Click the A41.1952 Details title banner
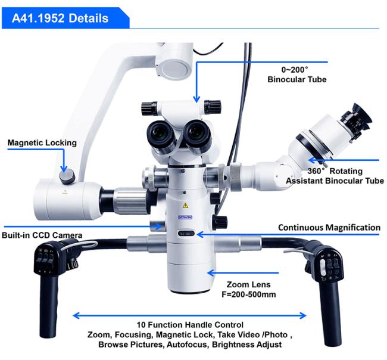tap(65, 18)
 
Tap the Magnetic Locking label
tap(42, 142)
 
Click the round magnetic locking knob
tap(67, 175)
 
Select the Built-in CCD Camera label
tap(42, 235)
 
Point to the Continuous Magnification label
tap(329, 227)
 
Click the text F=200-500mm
tap(249, 294)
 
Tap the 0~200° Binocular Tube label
tap(297, 75)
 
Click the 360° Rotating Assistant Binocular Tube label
tap(335, 176)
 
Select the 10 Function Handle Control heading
tap(190, 324)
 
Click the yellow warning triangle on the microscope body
tap(185, 205)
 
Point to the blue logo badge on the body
tap(185, 217)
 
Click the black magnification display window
tap(186, 234)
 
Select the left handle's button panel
tap(45, 260)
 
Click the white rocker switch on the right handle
tap(323, 268)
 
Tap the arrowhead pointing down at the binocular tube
tap(196, 100)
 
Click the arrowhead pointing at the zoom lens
tap(211, 273)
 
